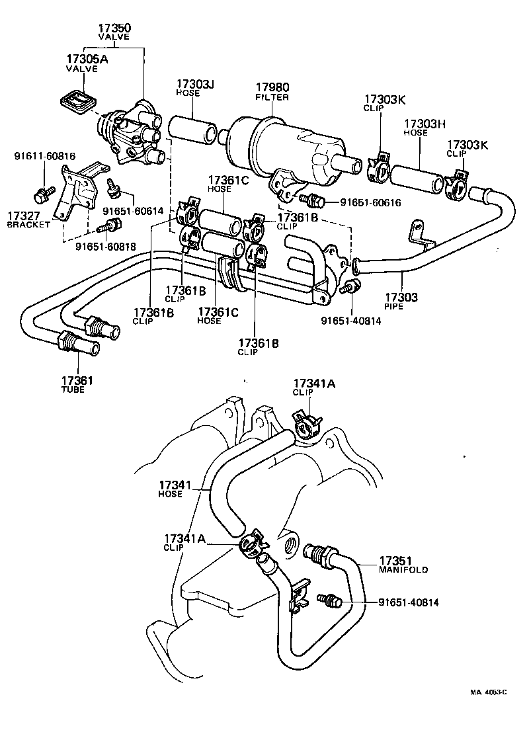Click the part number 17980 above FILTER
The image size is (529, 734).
click(x=272, y=87)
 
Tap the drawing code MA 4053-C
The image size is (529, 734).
click(x=488, y=692)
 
